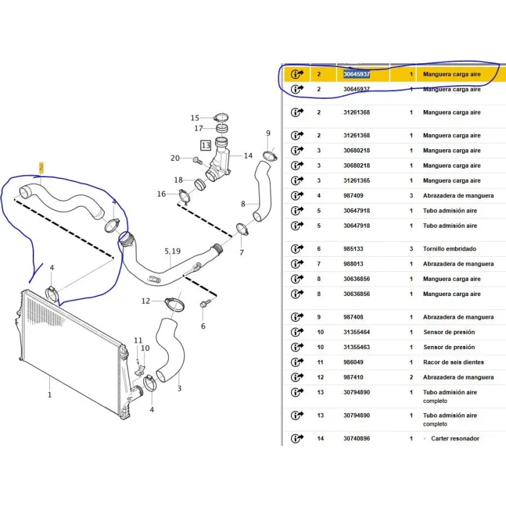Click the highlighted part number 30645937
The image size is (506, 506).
point(357,74)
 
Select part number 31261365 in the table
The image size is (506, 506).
point(357,181)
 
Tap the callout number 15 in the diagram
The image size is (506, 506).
point(195,118)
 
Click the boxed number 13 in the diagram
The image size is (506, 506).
point(206,145)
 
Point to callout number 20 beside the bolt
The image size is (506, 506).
point(175,158)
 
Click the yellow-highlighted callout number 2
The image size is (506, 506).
point(41,168)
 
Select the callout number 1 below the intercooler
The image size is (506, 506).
point(50,394)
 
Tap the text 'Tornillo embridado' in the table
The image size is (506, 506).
point(450,249)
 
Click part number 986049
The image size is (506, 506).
point(354,362)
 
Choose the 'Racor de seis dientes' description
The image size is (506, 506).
point(454,362)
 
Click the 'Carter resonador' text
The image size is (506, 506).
point(455,438)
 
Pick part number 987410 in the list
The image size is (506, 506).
point(354,377)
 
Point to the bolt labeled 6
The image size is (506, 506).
point(204,304)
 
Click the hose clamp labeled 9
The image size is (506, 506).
point(270,156)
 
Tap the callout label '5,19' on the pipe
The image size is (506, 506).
point(173,251)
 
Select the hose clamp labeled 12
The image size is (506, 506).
point(175,304)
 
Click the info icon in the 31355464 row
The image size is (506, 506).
point(297,332)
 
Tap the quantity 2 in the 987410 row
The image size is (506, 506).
point(411,377)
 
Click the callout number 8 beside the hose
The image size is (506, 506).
point(243,204)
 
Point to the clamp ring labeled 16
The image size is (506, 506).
point(184,196)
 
